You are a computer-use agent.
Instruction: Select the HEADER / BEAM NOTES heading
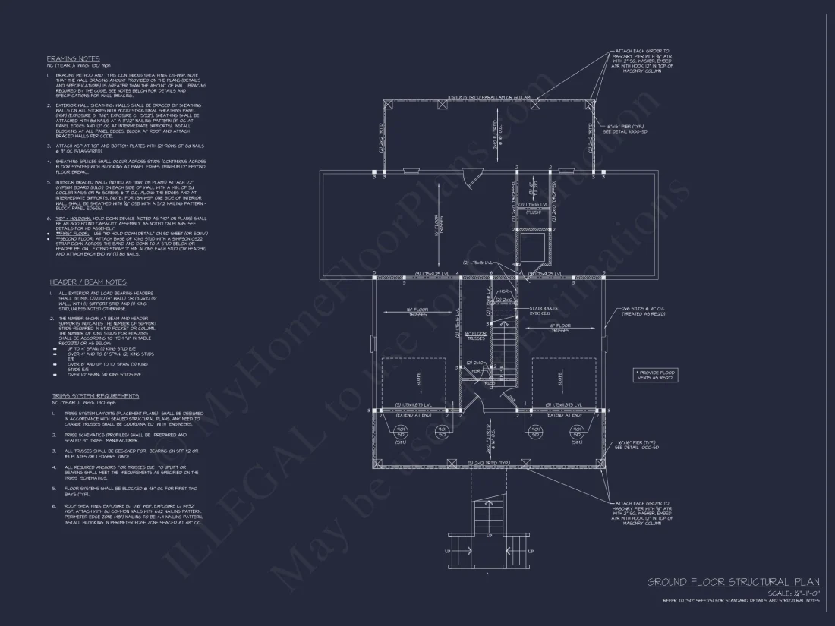pyautogui.click(x=77, y=282)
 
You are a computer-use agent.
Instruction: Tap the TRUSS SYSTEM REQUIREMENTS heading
pyautogui.click(x=96, y=395)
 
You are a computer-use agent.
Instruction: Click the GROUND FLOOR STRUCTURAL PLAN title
pyautogui.click(x=733, y=582)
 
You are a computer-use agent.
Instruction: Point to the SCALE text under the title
pyautogui.click(x=794, y=593)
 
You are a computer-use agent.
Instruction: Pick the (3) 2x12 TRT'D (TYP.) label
pyautogui.click(x=487, y=463)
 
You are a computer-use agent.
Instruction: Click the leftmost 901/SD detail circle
pyautogui.click(x=400, y=432)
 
